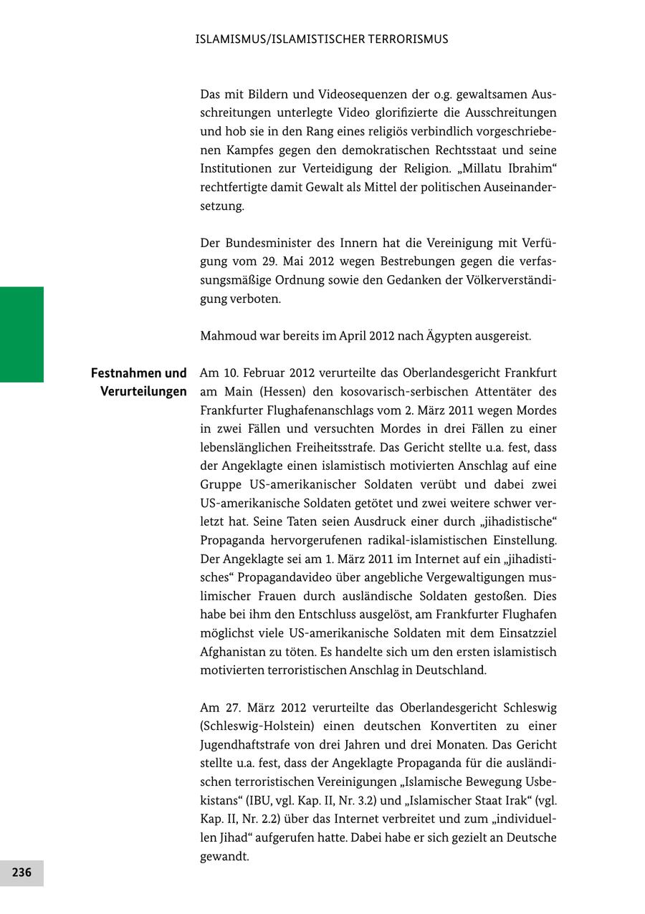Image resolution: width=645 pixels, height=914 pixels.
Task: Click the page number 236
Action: click(21, 872)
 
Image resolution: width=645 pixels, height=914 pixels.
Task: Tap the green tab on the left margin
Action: click(21, 335)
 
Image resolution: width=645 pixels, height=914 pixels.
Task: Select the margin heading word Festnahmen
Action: click(126, 373)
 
